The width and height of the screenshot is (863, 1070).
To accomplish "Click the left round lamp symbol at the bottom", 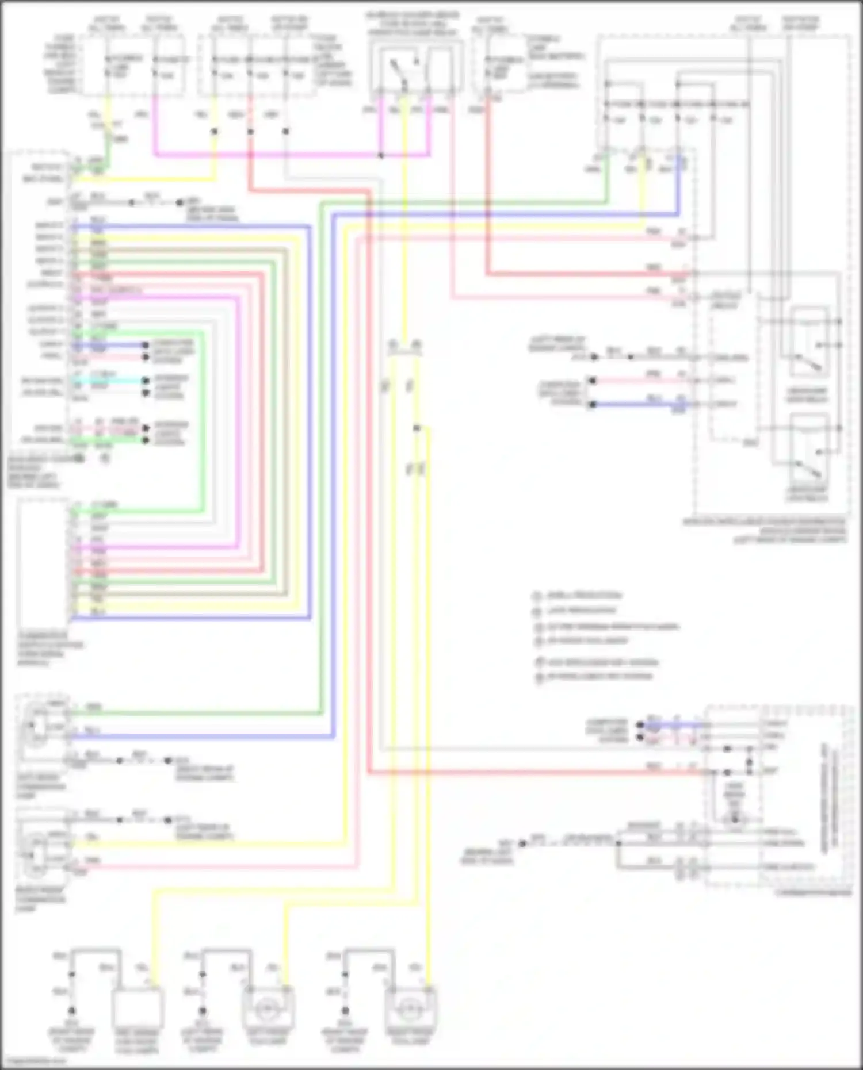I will pyautogui.click(x=268, y=1008).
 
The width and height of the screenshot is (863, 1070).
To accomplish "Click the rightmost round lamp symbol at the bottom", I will pyautogui.click(x=410, y=1008).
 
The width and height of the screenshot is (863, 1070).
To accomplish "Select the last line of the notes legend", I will pyautogui.click(x=598, y=677).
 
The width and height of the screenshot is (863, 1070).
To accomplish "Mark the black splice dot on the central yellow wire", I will pyautogui.click(x=416, y=428).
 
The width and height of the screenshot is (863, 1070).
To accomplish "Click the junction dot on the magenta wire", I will pyautogui.click(x=381, y=155).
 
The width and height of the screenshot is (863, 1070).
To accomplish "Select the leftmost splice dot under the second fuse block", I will pyautogui.click(x=214, y=131).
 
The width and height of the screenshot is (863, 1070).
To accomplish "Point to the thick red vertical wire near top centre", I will pyautogui.click(x=487, y=184).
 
